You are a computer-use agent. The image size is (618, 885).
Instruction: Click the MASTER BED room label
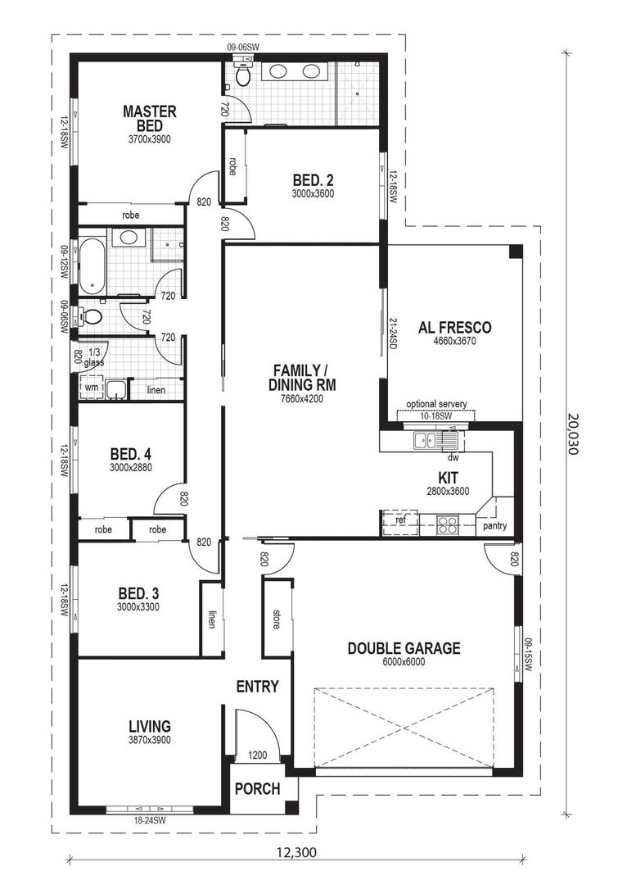pos(150,118)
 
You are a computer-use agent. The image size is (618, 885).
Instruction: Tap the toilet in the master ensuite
pos(242,75)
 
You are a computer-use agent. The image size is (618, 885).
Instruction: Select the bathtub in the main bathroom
pos(92,265)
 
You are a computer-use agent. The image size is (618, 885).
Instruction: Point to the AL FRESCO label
pos(456,328)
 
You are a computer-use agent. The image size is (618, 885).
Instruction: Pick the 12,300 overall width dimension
pos(293,852)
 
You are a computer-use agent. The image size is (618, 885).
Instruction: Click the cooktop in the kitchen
pos(447,524)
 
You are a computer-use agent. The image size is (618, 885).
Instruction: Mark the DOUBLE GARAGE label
pos(404,648)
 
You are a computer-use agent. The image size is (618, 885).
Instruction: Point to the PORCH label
pos(258,789)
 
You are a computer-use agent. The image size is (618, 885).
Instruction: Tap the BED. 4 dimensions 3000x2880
pos(129,468)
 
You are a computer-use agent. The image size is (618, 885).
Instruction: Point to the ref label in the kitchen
pos(400,520)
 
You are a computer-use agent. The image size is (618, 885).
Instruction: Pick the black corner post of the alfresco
pos(515,252)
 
